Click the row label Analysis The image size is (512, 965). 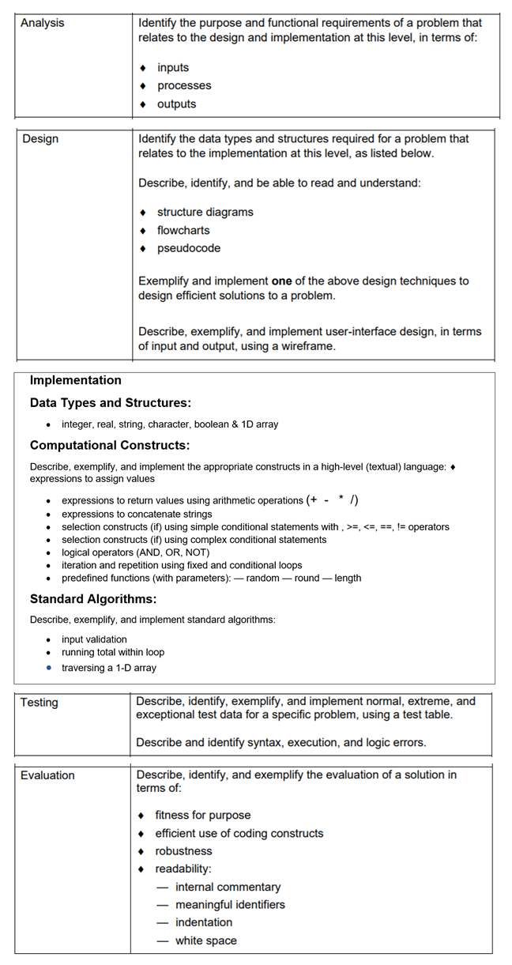(x=43, y=23)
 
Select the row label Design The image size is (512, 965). (x=40, y=139)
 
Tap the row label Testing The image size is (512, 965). (x=40, y=703)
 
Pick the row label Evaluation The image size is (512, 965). (x=47, y=775)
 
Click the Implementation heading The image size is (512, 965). (x=76, y=380)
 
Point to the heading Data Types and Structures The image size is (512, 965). (x=111, y=403)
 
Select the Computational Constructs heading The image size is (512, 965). (x=110, y=445)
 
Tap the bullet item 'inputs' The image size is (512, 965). (x=173, y=68)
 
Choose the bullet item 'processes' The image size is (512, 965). (x=184, y=86)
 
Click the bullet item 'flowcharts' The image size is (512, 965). (x=183, y=231)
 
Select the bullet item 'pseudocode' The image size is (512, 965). (x=189, y=248)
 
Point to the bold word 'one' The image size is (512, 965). (x=282, y=281)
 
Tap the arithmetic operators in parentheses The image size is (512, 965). (x=332, y=499)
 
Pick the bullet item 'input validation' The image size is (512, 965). (x=94, y=639)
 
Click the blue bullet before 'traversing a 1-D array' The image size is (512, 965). (x=49, y=668)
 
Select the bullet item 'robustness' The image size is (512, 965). (x=183, y=851)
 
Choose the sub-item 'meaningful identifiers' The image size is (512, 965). (x=230, y=904)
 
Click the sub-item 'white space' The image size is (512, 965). (x=205, y=940)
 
